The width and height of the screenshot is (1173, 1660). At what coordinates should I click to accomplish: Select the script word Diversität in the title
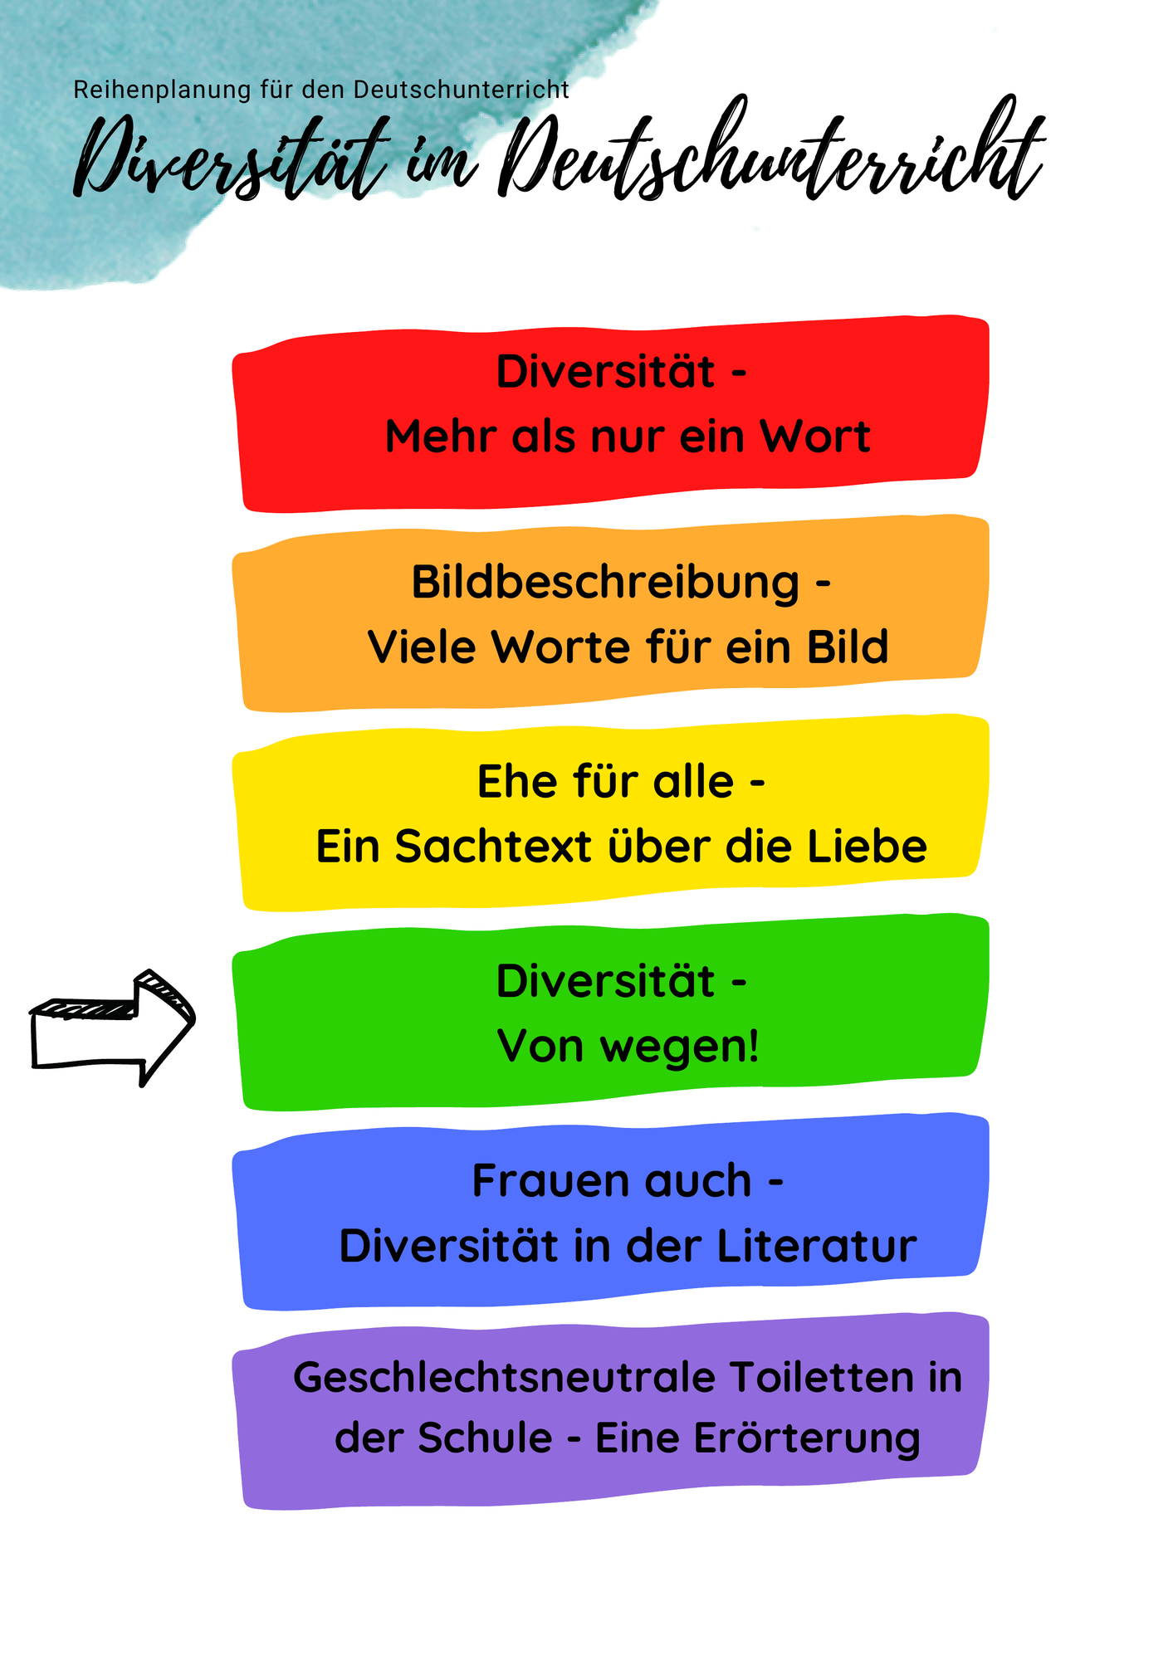coord(232,158)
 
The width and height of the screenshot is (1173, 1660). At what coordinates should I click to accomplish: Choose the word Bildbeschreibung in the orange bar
coord(605,583)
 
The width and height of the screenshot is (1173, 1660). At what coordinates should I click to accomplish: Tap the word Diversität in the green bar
coord(605,980)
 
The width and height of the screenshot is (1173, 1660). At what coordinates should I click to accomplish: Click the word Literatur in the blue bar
coord(817,1246)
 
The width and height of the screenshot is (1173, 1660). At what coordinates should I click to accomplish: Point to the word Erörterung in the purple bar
coord(807,1440)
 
